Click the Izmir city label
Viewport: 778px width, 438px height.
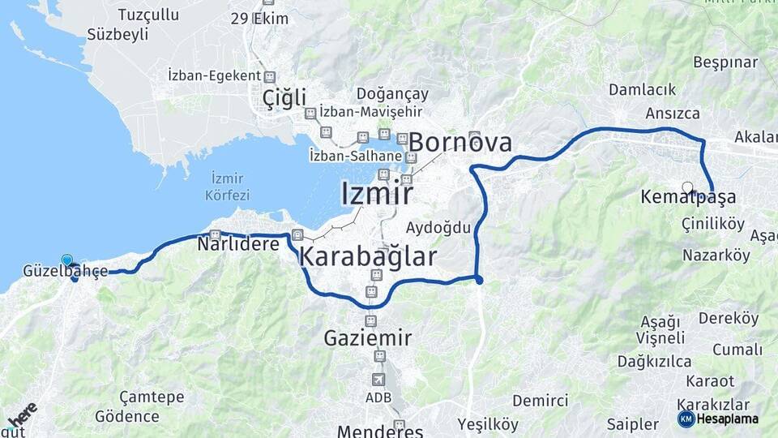pos(377,194)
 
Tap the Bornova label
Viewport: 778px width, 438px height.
pos(460,143)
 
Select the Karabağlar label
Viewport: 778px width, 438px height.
pos(368,257)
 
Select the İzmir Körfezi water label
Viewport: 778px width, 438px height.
pos(229,186)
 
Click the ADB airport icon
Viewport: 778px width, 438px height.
pos(378,380)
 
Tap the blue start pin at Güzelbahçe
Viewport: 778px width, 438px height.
pos(66,260)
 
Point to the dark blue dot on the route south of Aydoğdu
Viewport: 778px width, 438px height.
pos(478,280)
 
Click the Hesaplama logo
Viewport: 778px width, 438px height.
pos(718,419)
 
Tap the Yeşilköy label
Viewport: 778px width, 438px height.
pos(487,424)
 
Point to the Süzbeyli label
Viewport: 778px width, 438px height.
pos(118,34)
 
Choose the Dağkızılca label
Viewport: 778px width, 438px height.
pos(654,361)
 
